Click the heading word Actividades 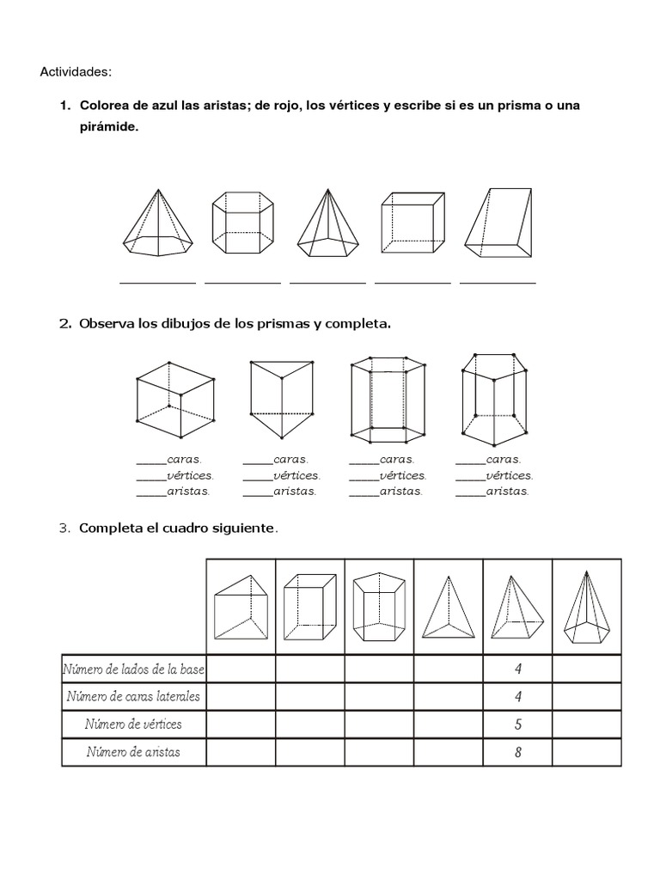(76, 71)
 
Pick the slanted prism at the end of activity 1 (498, 223)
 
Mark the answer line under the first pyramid (157, 281)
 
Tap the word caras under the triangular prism (290, 460)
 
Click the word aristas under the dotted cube (188, 492)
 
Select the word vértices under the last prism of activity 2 (509, 475)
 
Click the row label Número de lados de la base (133, 669)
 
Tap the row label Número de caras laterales (133, 696)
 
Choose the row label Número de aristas (133, 753)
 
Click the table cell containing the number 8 (517, 753)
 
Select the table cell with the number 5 (517, 724)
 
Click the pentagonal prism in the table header (379, 607)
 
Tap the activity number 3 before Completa (64, 528)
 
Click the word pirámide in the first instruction (108, 126)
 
